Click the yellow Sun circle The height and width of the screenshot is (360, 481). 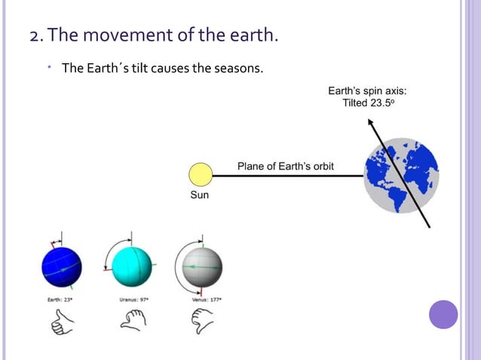[201, 175]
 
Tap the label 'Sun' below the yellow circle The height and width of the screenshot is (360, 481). [200, 195]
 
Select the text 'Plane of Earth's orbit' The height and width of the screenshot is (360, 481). [286, 166]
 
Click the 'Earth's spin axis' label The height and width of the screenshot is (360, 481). [367, 91]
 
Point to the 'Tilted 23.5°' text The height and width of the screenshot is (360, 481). [368, 103]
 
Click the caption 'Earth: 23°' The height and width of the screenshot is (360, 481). [60, 299]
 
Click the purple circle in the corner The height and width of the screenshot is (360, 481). [443, 314]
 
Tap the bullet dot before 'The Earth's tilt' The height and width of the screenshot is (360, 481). [47, 68]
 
